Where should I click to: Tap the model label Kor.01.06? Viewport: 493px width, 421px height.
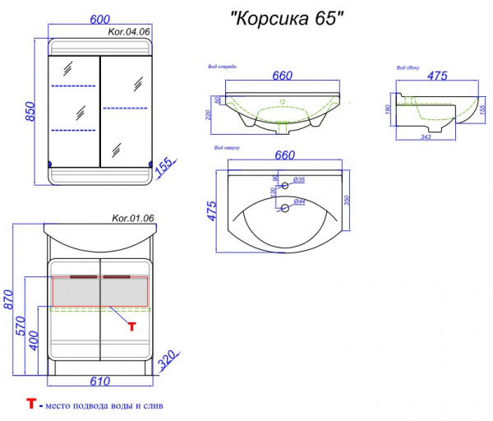point(132,218)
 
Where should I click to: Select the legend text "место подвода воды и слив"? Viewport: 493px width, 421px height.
point(103,406)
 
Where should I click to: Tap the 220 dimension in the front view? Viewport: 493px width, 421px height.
point(210,116)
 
